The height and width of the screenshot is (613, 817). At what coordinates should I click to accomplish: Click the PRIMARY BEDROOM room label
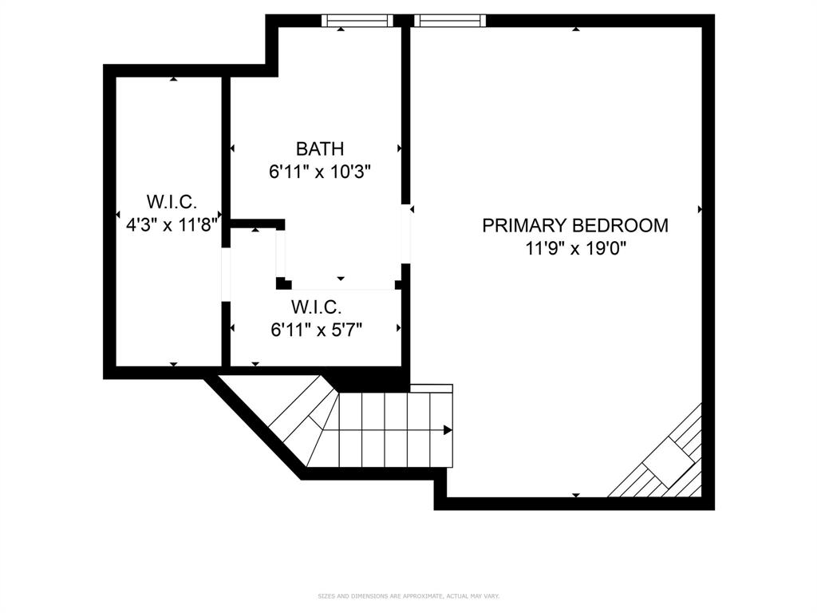coord(575,226)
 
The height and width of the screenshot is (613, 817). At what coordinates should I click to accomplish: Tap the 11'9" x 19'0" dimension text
coord(575,248)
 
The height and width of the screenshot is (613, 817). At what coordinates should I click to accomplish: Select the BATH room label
coord(320,148)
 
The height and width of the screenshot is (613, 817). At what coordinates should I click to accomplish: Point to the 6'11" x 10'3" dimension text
coord(320,171)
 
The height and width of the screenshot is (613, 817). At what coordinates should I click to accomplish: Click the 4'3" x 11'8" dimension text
coord(172,224)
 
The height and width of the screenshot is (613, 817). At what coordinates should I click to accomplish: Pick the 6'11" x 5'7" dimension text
coord(317,330)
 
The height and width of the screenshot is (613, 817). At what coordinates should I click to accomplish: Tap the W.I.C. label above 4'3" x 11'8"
coord(172,201)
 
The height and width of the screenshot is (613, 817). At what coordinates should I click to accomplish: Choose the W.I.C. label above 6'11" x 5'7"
coord(317,306)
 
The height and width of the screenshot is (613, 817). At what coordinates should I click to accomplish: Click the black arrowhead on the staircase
coord(448,430)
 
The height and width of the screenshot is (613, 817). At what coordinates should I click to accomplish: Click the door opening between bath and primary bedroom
coord(406,233)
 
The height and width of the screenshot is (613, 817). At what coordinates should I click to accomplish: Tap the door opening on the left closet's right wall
coord(226,275)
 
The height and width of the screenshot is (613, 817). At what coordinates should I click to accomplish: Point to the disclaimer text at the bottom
coord(408,595)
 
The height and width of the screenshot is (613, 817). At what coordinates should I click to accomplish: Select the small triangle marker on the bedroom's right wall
coord(701,209)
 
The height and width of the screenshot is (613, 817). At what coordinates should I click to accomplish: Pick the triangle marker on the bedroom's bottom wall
coord(576,495)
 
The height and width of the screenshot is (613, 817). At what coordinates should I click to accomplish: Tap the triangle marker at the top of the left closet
coord(173,78)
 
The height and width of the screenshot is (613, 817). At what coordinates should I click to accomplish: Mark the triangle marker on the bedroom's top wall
coord(576,30)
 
